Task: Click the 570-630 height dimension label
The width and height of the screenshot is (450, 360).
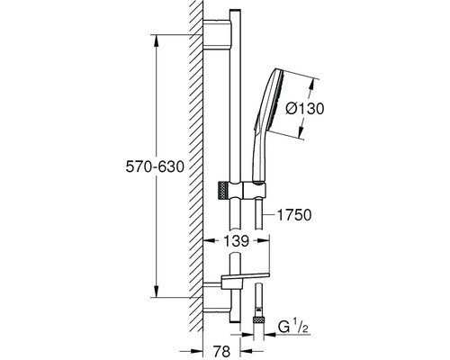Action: [155, 166]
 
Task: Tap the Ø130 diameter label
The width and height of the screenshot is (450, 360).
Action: [305, 108]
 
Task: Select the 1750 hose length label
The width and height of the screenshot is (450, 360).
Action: [294, 215]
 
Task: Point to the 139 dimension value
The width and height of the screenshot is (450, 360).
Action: [237, 240]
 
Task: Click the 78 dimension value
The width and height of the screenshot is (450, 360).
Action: [221, 351]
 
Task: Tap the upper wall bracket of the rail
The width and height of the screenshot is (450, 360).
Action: [217, 33]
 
